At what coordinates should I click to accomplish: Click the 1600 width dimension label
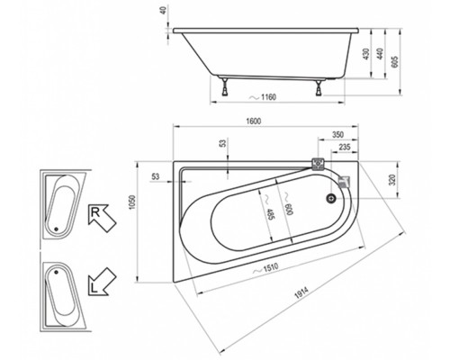pyautogui.click(x=254, y=121)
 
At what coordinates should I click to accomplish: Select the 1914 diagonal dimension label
pyautogui.click(x=301, y=292)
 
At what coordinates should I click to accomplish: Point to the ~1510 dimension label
pyautogui.click(x=265, y=268)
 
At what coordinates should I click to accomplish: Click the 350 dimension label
pyautogui.click(x=337, y=135)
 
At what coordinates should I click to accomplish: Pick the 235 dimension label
pyautogui.click(x=345, y=147)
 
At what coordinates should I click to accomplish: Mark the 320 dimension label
pyautogui.click(x=392, y=179)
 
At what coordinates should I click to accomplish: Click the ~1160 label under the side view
pyautogui.click(x=263, y=97)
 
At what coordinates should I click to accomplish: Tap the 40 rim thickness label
pyautogui.click(x=164, y=11)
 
